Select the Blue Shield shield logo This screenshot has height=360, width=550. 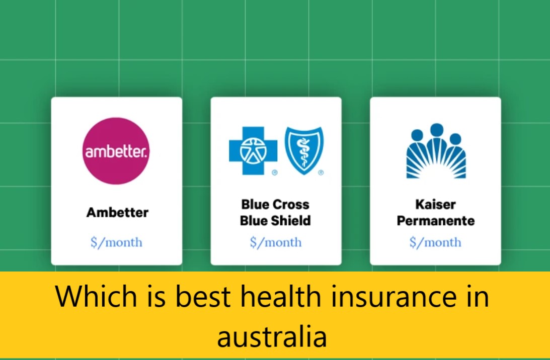coord(304,150)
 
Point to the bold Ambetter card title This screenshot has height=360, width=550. coord(117,212)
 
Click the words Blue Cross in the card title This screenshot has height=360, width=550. coord(275,205)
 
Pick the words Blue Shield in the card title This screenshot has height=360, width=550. coord(275,220)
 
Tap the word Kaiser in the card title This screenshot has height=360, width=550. coord(435,205)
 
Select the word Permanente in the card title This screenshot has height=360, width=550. coord(435,220)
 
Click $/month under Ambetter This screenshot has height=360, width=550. coord(116,242)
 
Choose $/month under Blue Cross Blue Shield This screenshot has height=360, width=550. coord(276,242)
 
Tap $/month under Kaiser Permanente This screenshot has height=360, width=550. coord(435,242)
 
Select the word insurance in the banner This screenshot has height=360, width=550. coord(394,297)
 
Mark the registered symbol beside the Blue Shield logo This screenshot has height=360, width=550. coord(321,172)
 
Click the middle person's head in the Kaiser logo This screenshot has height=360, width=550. coord(436,130)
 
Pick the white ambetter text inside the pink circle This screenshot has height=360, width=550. coord(116,152)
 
